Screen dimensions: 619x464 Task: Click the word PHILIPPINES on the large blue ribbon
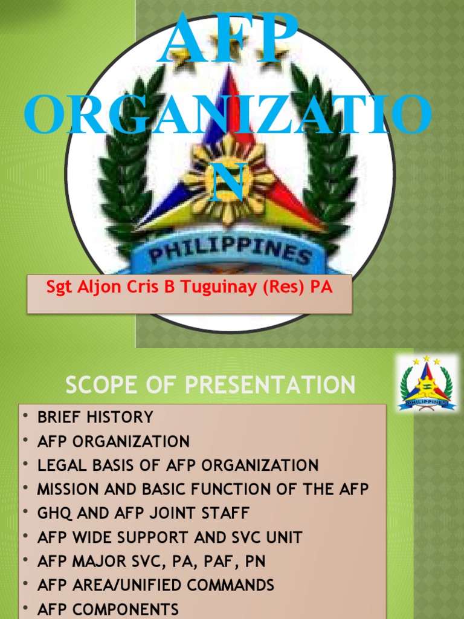230,249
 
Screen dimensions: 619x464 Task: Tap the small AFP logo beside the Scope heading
427,383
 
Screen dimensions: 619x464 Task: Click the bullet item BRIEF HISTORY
95,417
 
